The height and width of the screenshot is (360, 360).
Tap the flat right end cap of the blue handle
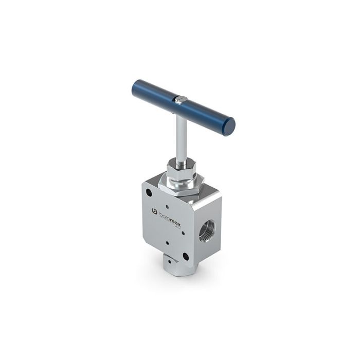[229, 126]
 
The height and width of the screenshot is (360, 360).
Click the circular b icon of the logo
[153, 211]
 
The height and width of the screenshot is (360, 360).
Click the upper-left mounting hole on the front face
[149, 193]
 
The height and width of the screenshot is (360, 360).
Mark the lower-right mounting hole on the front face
[186, 256]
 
